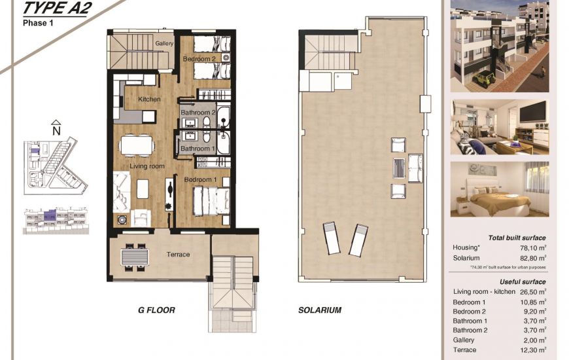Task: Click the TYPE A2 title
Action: pos(57,9)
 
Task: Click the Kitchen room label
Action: pos(149,99)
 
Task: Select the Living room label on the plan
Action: pos(147,166)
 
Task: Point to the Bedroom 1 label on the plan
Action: pos(200,179)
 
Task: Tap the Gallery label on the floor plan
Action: pos(164,44)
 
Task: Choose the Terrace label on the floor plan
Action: pos(178,254)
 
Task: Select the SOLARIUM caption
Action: pos(320,310)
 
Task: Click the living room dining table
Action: pos(135,144)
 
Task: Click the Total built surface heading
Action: pos(517,238)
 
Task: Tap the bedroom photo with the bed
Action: pos(499,189)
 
